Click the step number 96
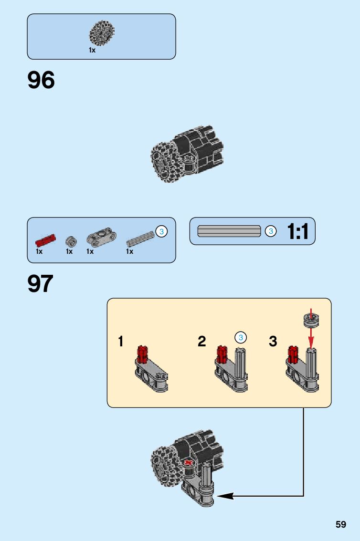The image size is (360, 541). [41, 80]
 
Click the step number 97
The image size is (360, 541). [40, 284]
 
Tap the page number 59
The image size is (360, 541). [340, 524]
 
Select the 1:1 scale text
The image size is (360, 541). [297, 232]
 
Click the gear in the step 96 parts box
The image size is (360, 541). [102, 33]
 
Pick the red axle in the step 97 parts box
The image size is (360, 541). [45, 239]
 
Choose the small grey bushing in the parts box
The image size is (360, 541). [71, 240]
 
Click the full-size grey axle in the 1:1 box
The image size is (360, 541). [229, 231]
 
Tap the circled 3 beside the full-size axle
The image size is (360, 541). [270, 231]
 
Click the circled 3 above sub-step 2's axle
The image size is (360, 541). [241, 337]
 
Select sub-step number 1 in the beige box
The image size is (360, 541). [121, 342]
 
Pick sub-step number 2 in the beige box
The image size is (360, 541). [202, 342]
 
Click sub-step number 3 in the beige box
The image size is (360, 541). [273, 342]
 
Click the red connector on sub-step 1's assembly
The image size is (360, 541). [142, 354]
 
